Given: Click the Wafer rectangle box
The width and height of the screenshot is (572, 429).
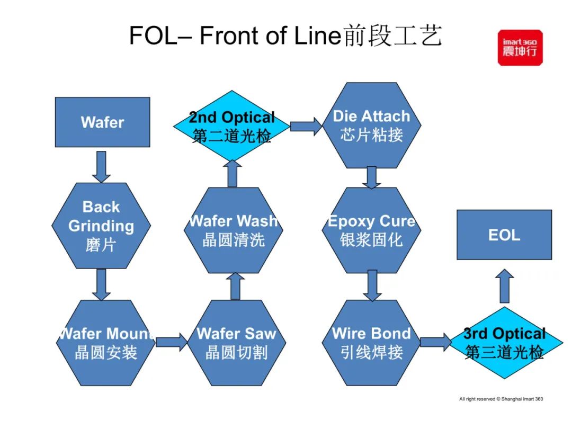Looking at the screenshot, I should pos(102,122).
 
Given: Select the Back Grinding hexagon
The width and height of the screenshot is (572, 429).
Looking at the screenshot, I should pos(101,226).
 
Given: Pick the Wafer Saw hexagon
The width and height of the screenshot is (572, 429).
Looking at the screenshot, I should pos(236,343).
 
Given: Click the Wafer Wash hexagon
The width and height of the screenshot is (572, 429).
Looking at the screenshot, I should pos(234,230).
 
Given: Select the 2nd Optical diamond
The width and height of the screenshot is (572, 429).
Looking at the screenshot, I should pos(231,126).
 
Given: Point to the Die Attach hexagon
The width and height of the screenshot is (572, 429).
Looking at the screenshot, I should pos(371,125).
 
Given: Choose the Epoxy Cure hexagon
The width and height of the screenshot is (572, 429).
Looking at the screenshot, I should pos(371,230).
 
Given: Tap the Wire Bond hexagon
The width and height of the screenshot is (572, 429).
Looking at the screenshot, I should pos(371,343).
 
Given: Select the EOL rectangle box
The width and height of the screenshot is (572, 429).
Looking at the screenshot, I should pos(504,235).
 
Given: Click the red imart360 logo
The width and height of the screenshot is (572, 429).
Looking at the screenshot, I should pos(520,48).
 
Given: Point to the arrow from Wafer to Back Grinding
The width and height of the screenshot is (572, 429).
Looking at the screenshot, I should pos(101,166).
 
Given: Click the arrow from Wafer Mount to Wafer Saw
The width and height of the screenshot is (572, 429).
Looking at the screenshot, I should pos(171,342).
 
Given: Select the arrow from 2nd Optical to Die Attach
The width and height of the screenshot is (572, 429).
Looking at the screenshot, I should pos(306,126).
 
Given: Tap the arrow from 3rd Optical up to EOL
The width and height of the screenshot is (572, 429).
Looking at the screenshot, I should pos(505,286).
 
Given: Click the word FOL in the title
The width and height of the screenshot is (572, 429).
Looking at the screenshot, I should pos(152,36).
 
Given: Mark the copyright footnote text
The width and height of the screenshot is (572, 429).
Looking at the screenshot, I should pos(501,399).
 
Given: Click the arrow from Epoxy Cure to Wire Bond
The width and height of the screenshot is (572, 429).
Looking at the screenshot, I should pos(372,285).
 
